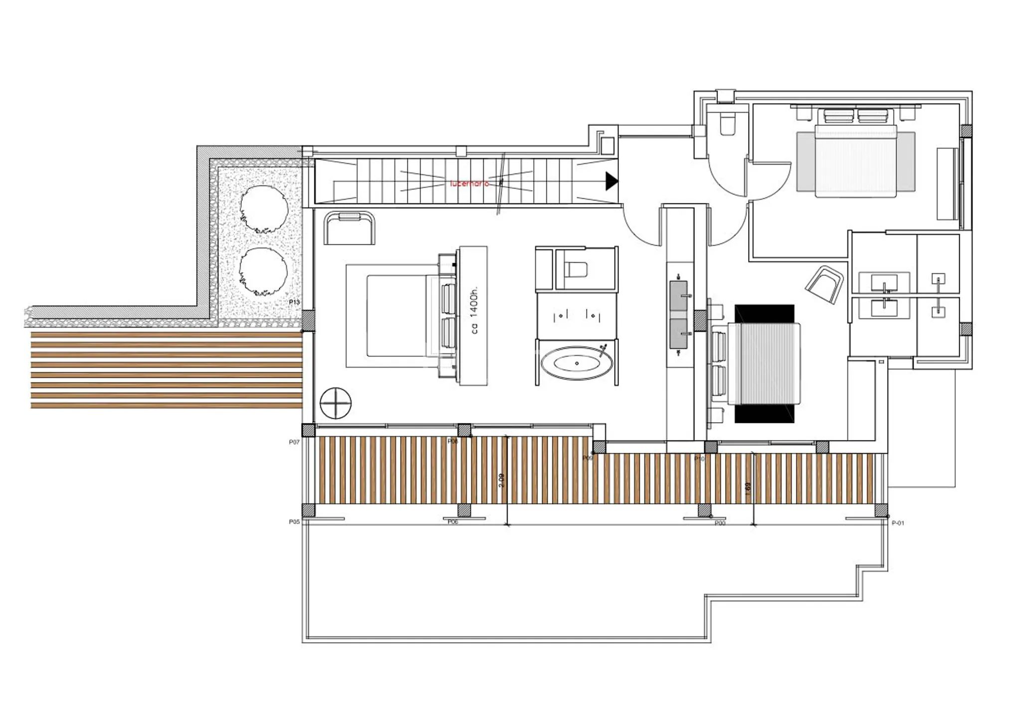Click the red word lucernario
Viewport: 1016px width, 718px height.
click(469, 183)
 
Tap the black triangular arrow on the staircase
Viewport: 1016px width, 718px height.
click(611, 180)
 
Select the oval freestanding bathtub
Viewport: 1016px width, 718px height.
click(576, 364)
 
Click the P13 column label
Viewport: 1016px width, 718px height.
click(294, 302)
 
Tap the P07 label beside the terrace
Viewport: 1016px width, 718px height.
click(294, 442)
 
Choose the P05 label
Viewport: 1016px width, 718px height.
click(294, 522)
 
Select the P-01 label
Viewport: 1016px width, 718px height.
click(898, 523)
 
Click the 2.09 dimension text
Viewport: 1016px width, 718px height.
click(502, 480)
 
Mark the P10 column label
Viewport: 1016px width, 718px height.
click(699, 459)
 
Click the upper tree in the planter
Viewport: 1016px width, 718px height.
click(264, 209)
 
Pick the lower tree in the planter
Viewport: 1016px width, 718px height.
click(263, 271)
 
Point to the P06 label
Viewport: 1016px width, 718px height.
click(453, 522)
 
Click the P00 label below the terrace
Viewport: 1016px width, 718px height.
click(720, 524)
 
